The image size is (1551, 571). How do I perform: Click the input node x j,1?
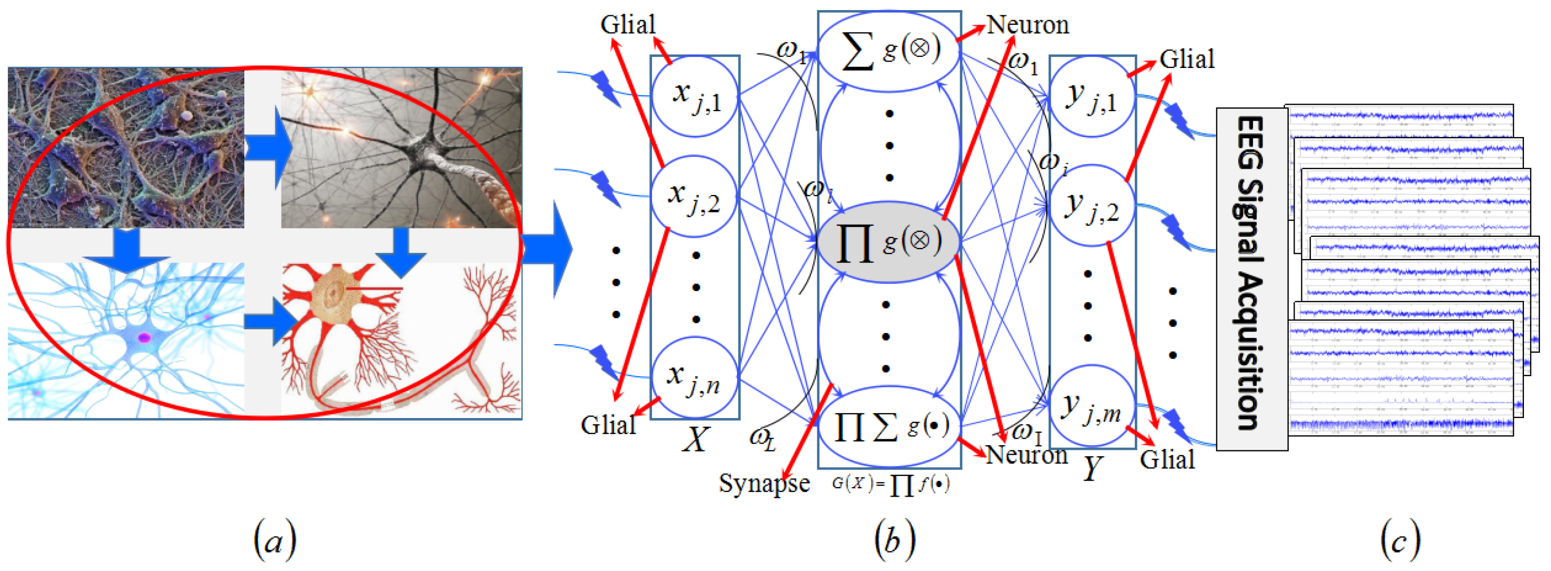pos(695,96)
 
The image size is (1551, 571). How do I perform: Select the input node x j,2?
pos(695,197)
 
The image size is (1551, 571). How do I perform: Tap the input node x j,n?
pos(695,378)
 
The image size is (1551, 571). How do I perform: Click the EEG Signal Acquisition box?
pos(1251,278)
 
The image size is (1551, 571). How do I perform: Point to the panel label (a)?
pos(275,540)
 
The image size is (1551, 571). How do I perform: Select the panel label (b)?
pos(895,540)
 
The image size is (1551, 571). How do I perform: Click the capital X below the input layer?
pos(696,439)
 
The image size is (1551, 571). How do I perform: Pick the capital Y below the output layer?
pos(1092,467)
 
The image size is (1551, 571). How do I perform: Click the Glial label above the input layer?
pos(628,25)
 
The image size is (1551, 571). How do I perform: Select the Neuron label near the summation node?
pos(1027,25)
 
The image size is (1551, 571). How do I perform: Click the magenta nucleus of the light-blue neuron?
pos(144,338)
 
